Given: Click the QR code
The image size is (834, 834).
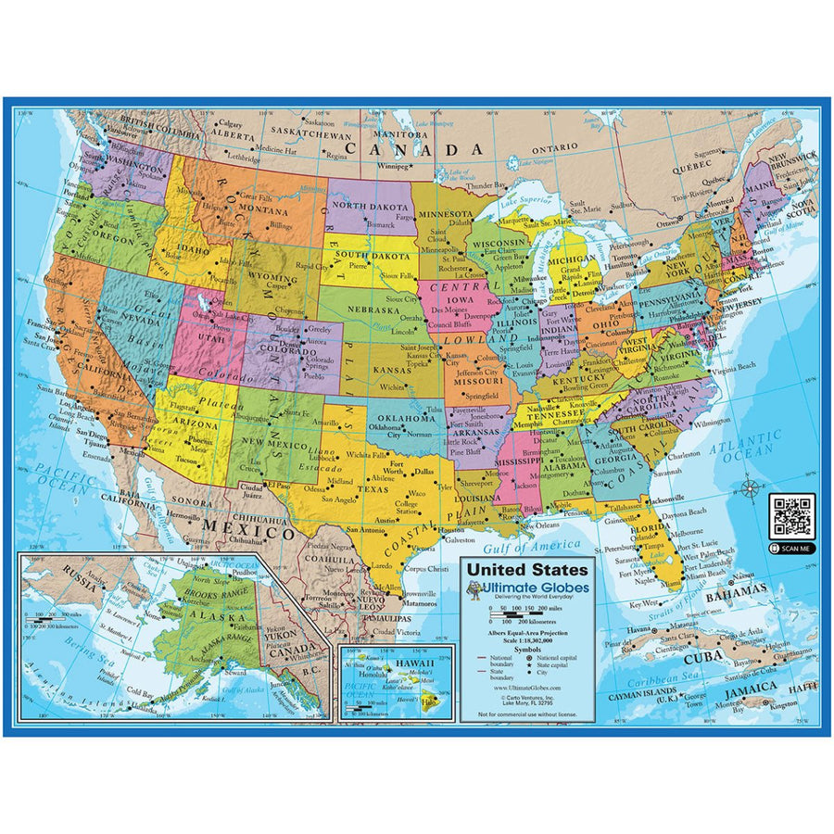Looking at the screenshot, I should (x=792, y=515).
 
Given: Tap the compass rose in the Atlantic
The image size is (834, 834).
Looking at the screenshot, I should (x=752, y=488).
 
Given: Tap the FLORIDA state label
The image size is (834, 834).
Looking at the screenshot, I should (x=651, y=528).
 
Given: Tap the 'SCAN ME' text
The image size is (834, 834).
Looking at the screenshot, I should (x=797, y=549).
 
